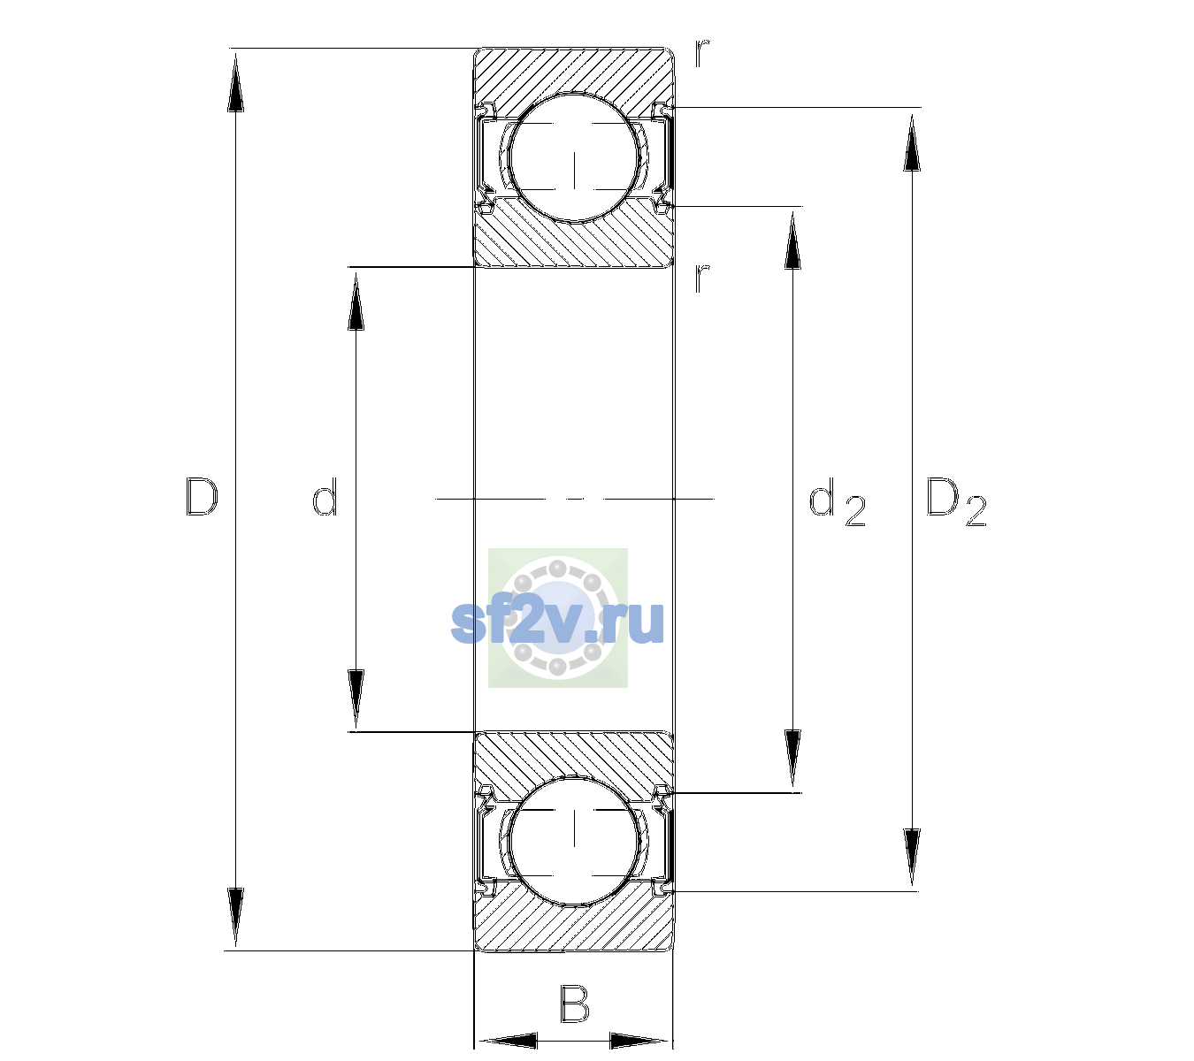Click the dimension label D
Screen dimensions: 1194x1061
pyautogui.click(x=202, y=497)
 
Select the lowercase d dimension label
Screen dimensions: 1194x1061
pyautogui.click(x=325, y=497)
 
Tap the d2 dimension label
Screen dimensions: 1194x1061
pyautogui.click(x=838, y=502)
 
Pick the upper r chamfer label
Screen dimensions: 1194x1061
pyautogui.click(x=702, y=52)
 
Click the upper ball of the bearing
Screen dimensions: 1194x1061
pyautogui.click(x=574, y=157)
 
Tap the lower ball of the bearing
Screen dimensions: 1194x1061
pyautogui.click(x=574, y=841)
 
